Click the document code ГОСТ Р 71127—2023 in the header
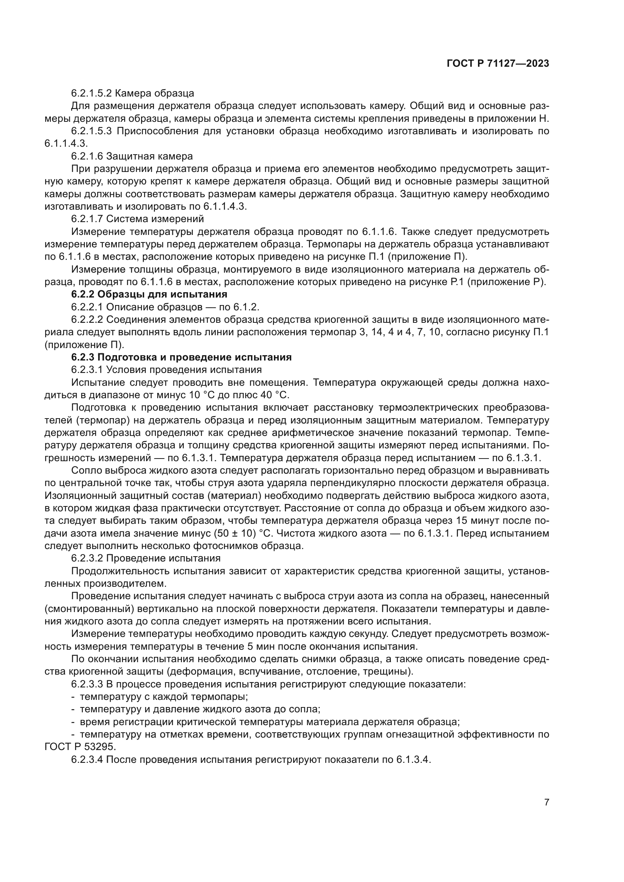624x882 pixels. tap(498, 64)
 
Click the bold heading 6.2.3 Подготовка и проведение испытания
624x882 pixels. tap(181, 357)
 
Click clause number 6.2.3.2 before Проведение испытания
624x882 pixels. tap(91, 558)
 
